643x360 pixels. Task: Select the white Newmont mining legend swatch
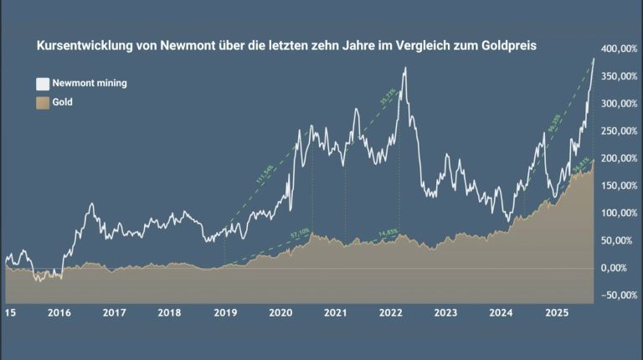tap(41, 84)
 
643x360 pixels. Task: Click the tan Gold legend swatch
tap(41, 103)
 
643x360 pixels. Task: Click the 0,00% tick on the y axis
tap(620, 268)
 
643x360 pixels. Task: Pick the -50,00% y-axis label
tap(618, 296)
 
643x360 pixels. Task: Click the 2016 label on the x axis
tap(59, 313)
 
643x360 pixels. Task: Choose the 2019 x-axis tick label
tap(225, 313)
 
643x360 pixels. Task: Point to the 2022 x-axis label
tap(391, 313)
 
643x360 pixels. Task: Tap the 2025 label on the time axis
tap(557, 313)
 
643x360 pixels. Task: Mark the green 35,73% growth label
tap(387, 95)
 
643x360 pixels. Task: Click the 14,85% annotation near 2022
tap(387, 232)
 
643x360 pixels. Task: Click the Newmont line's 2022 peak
tap(405, 68)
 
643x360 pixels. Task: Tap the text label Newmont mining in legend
tap(89, 84)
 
